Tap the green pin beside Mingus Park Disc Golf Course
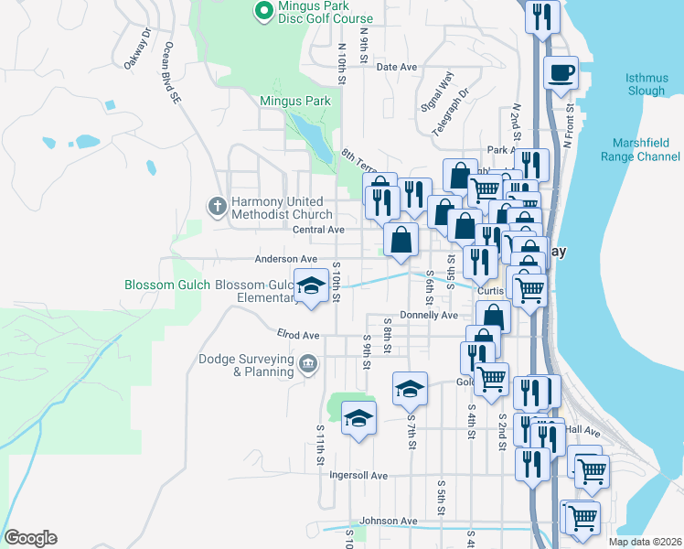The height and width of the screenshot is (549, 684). coord(264,12)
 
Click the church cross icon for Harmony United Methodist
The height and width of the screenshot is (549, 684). coord(218,205)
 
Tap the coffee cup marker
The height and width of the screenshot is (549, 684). coord(561,71)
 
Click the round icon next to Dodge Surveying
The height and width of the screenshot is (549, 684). coord(308,363)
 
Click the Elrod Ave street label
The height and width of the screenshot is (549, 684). coord(298,335)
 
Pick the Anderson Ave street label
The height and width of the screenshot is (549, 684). coord(286,259)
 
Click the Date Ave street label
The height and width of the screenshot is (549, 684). coord(397,67)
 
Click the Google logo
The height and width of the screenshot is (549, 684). coord(30,538)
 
